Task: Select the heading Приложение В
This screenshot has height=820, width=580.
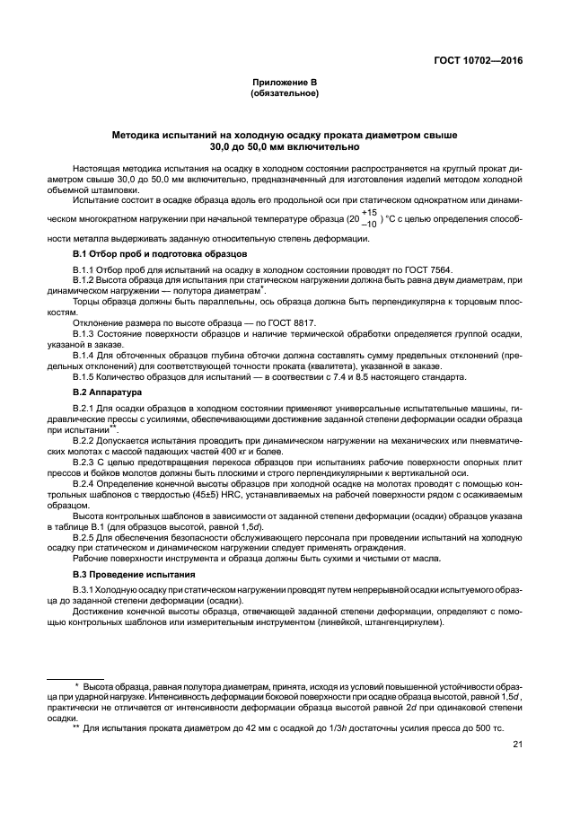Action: [284, 82]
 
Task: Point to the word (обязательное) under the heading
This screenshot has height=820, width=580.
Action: [284, 93]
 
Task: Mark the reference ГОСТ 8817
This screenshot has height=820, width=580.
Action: [294, 322]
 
